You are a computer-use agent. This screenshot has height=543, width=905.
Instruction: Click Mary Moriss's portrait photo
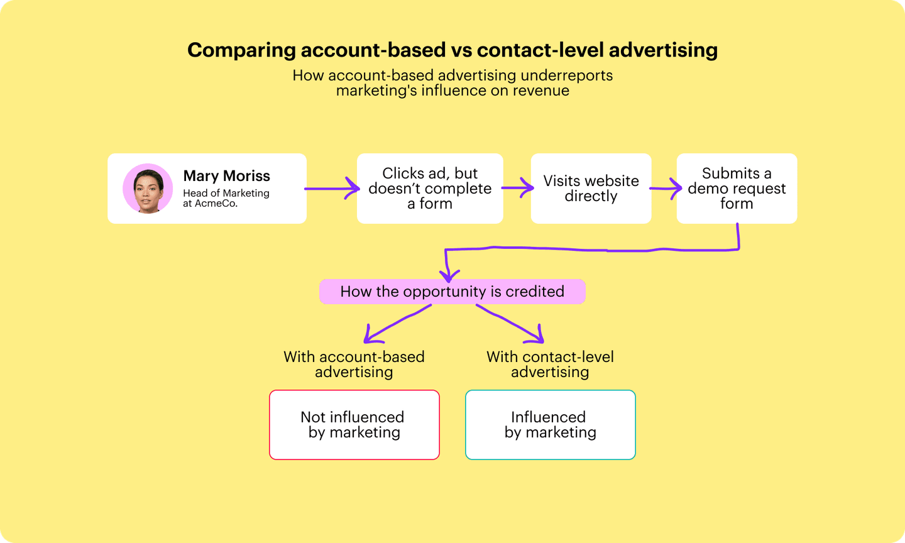tap(148, 189)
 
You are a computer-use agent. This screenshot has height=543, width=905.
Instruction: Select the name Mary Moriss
tap(226, 176)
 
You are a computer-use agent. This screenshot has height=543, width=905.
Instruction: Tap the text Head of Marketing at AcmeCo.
tap(226, 198)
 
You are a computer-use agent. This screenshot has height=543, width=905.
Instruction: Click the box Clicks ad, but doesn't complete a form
tap(430, 189)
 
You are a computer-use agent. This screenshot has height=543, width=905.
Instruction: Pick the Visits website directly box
tap(591, 189)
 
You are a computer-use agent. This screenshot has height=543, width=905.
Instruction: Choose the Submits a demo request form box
tap(737, 189)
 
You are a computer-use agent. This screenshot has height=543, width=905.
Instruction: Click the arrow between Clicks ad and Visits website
tap(517, 188)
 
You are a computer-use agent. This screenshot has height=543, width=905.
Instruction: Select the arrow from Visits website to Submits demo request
tap(665, 188)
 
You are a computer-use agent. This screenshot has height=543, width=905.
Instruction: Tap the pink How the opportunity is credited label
tap(452, 292)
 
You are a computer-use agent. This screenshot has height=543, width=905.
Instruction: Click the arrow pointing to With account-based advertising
tap(396, 324)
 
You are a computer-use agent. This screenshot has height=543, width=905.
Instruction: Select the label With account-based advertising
tap(354, 365)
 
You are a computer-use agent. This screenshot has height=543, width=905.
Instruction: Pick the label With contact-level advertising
tap(550, 365)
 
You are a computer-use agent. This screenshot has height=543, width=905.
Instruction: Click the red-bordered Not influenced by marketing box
tap(354, 425)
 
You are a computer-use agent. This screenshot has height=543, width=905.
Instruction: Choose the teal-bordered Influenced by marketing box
tap(550, 425)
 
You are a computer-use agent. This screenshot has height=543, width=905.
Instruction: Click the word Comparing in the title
tap(241, 50)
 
